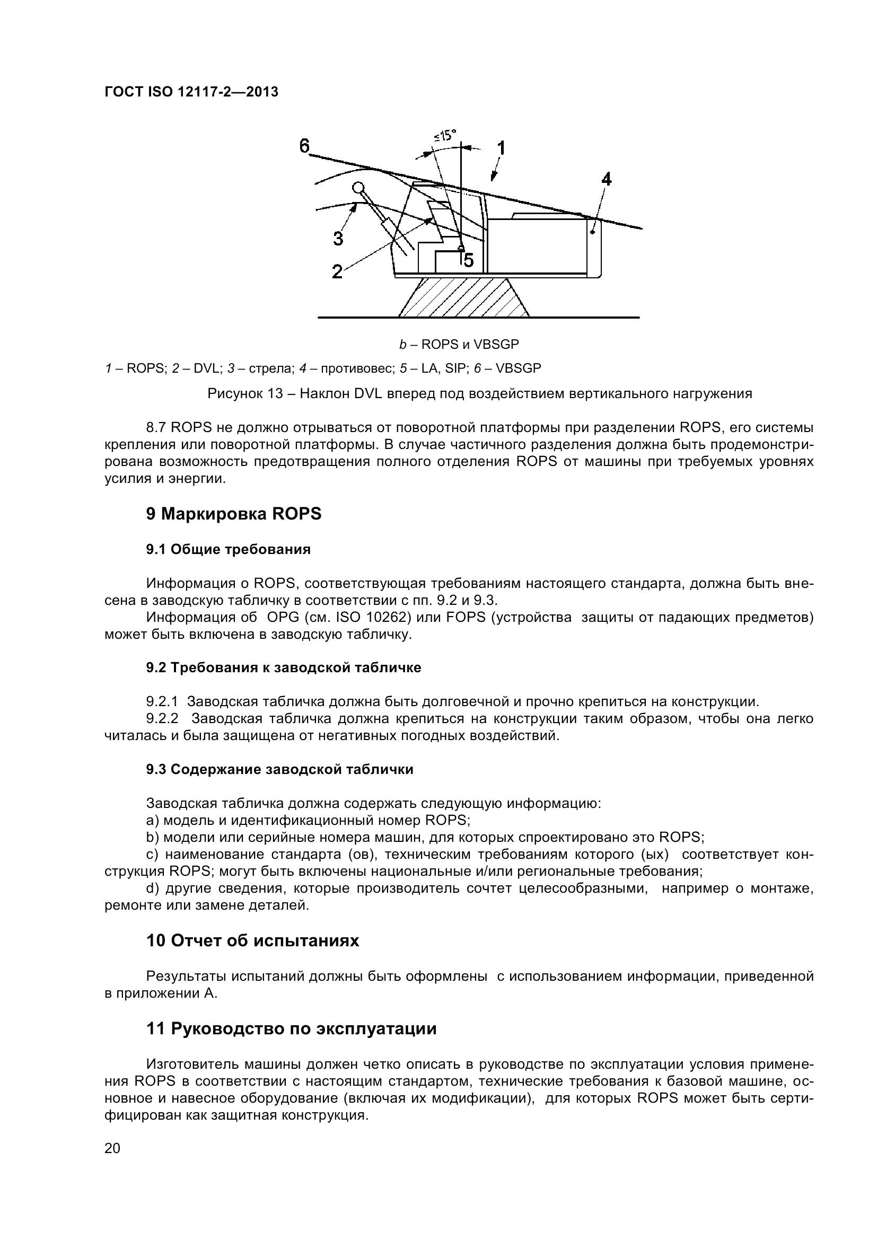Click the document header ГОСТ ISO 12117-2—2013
[191, 92]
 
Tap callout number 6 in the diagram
[304, 145]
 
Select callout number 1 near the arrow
[501, 147]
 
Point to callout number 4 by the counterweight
[607, 179]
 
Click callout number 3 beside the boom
[338, 238]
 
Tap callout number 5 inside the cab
[468, 260]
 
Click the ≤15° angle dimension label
[445, 135]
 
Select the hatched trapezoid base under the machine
[463, 297]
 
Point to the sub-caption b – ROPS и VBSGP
[459, 344]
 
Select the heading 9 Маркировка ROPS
[233, 514]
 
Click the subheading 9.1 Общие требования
[228, 550]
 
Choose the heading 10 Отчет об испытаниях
[252, 941]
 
